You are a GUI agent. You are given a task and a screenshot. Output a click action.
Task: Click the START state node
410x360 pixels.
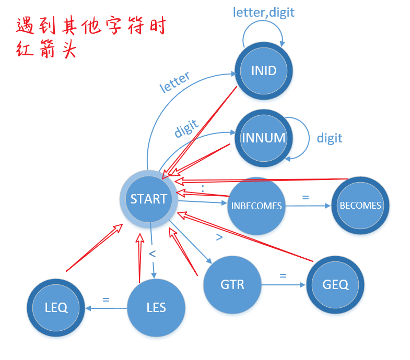coord(149,199)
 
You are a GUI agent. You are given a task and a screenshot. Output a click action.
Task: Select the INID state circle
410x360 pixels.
coord(263,70)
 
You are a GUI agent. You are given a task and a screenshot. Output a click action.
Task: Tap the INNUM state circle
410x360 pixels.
coord(263,138)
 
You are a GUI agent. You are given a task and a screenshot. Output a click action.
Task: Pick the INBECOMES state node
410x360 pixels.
coord(256,206)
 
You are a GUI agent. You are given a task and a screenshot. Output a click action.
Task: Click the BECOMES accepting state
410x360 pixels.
coord(360,205)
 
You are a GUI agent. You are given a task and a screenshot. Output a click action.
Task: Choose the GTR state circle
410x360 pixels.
coord(232,285)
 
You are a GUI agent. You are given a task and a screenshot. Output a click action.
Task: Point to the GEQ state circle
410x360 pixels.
coord(335,285)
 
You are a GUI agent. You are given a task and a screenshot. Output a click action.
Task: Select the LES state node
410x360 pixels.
coord(156,307)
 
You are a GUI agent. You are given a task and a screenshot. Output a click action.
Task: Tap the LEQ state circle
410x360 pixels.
coord(56,307)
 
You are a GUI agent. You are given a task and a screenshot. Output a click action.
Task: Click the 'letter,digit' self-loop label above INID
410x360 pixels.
coord(263,11)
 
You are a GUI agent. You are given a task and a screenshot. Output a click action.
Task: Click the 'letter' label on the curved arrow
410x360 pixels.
coord(175,82)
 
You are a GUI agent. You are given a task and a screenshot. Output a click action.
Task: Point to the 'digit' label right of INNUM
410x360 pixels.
coord(329,138)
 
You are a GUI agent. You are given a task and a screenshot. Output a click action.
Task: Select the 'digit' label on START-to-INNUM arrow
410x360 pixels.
coord(186,128)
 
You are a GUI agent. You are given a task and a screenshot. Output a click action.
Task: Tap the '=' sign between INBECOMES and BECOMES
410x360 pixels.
coord(306,198)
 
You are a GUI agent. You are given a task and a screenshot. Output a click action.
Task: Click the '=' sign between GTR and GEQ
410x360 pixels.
coord(284,275)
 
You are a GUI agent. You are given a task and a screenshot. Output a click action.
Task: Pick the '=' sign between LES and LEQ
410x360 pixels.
coord(106,299)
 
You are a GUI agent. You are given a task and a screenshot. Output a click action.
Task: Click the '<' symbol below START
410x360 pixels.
coord(153,254)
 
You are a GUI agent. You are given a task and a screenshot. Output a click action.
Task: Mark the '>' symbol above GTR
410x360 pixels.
coord(219,237)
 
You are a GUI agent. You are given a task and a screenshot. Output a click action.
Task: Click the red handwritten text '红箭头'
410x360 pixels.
coord(46,50)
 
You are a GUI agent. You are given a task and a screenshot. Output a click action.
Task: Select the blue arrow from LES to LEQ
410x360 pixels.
coord(107,308)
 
